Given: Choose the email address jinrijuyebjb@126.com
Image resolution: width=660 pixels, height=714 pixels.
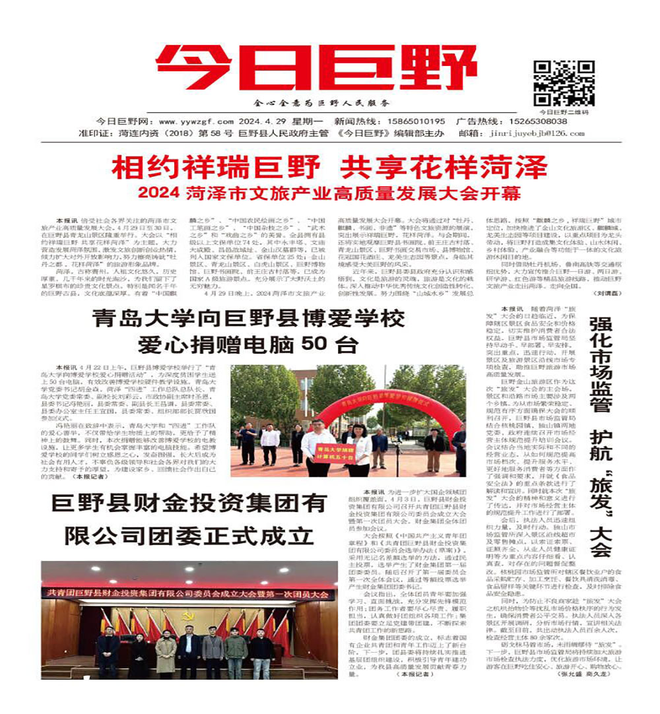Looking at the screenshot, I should [x=540, y=133].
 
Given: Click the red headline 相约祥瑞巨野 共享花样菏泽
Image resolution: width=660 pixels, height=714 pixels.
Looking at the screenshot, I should [x=329, y=168].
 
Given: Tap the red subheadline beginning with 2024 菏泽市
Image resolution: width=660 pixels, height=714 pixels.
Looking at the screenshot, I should [x=329, y=194].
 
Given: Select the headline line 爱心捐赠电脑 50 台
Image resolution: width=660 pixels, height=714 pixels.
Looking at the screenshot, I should [x=248, y=345].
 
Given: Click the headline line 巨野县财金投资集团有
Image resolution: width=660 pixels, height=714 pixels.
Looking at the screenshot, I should [x=189, y=503].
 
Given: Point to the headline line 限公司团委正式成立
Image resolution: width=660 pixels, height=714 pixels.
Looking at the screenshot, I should [x=189, y=534].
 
